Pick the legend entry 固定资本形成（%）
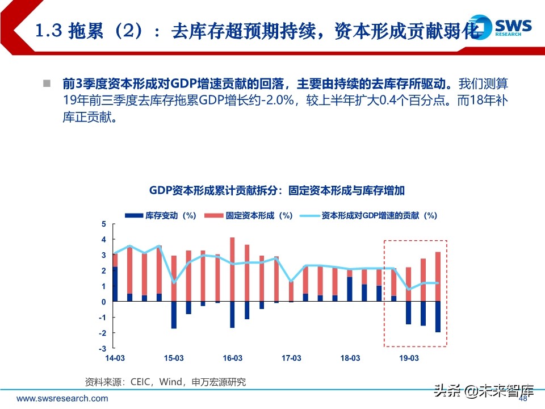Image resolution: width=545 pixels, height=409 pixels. [249, 215]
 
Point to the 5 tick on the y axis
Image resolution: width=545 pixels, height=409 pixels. [104, 224]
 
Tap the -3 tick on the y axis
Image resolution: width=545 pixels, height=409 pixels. [103, 348]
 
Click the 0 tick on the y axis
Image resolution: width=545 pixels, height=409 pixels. [104, 302]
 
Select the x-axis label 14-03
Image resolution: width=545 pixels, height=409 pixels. [115, 358]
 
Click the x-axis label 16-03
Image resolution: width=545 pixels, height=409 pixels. [232, 358]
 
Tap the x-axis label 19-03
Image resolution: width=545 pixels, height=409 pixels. [409, 358]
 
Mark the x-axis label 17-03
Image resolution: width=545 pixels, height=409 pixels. [291, 358]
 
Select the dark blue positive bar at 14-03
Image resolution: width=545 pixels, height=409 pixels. [115, 284]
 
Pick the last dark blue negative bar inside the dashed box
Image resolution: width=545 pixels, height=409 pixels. [438, 316]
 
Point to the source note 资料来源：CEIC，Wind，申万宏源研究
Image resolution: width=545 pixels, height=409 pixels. [165, 382]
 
